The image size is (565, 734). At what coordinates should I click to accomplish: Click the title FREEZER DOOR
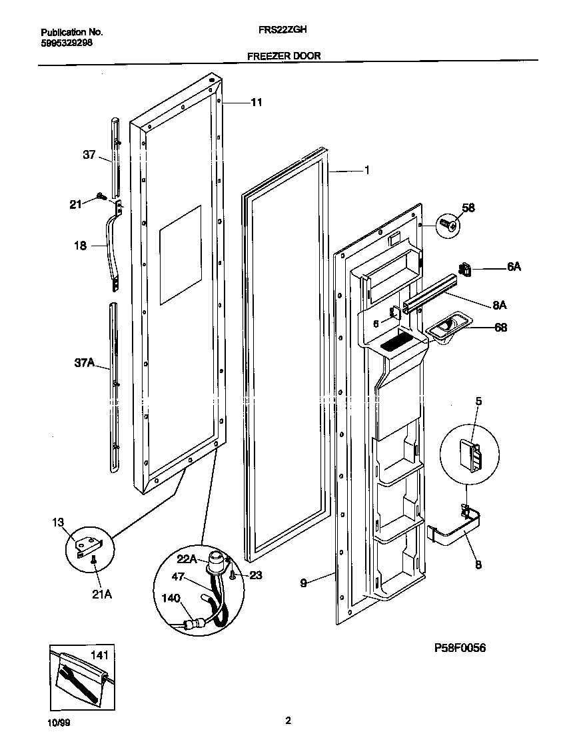coord(283,57)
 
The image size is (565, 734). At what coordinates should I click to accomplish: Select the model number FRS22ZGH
coord(283,31)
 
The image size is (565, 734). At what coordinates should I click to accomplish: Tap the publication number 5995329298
coord(67,41)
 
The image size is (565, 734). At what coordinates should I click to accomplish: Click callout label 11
coord(257,103)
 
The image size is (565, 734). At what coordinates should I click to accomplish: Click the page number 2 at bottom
coord(288,720)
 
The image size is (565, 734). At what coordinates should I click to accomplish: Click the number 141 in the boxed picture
coord(98,656)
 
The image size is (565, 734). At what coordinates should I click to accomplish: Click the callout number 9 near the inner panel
coord(303,583)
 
